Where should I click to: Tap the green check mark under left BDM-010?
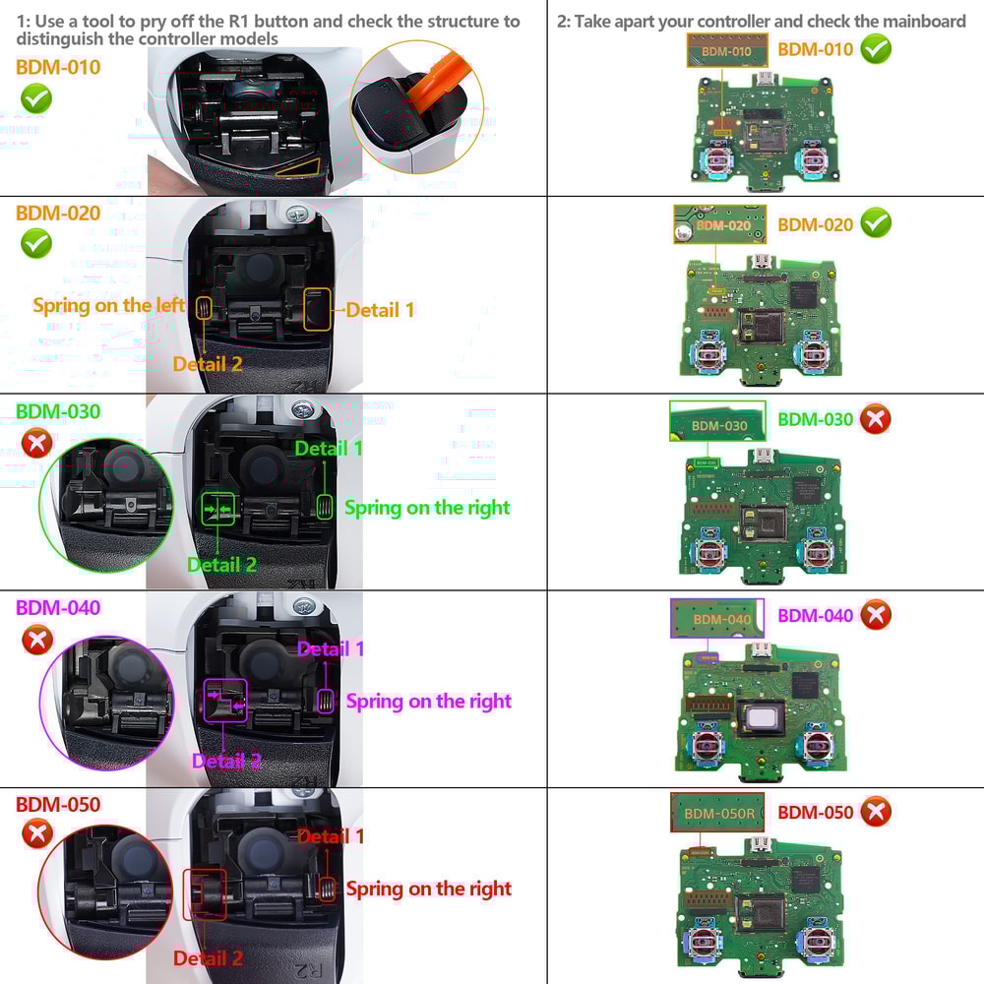tap(36, 98)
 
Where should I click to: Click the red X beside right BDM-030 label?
tap(875, 419)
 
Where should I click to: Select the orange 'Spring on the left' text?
tap(108, 305)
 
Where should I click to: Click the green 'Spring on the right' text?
tap(427, 508)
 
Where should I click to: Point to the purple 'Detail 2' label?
tap(226, 761)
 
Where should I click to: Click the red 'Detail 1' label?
tap(331, 835)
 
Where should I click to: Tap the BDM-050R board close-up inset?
tap(719, 814)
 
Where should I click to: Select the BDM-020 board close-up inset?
tap(719, 224)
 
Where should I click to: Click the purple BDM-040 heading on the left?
tap(58, 607)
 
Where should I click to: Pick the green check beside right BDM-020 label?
tap(875, 223)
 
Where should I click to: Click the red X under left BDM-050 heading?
tap(36, 835)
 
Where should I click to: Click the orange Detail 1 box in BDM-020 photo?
tap(317, 308)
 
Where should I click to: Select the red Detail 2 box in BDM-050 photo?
tap(204, 893)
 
